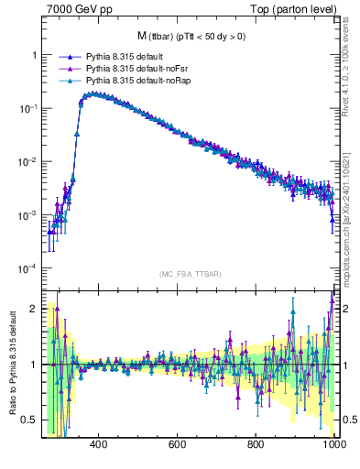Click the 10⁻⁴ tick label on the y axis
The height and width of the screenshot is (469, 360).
pyautogui.click(x=27, y=268)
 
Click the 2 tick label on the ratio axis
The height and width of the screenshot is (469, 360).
pyautogui.click(x=33, y=309)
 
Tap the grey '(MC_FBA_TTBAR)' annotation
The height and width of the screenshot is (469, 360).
pyautogui.click(x=191, y=274)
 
